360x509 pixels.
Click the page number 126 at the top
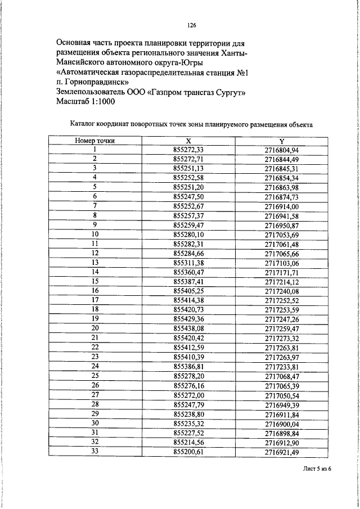click(191, 25)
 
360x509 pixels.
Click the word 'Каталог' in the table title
click(84, 124)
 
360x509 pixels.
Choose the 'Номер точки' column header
click(95, 141)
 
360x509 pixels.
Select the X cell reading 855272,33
click(188, 150)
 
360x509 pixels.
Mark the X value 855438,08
click(188, 328)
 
